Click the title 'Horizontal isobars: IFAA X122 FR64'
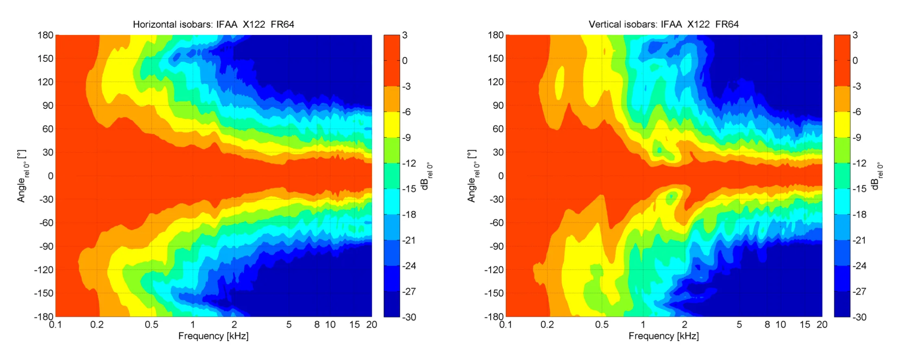(213, 24)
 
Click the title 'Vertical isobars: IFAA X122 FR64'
(663, 24)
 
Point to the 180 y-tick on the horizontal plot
(46, 35)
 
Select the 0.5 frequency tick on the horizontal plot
(151, 325)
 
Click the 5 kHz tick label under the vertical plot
(739, 325)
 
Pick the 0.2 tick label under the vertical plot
(547, 325)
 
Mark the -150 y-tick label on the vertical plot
(494, 293)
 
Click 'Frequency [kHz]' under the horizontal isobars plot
(213, 336)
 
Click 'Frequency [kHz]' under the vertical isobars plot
(663, 336)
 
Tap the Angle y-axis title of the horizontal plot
(22, 176)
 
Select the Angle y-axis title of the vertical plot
(472, 176)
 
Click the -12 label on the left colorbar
(409, 163)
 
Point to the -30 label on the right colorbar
(859, 317)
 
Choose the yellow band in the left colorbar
(391, 124)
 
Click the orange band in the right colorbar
(842, 99)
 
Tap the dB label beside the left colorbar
(426, 176)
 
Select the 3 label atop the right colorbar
(855, 35)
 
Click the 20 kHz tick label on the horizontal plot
(372, 325)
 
